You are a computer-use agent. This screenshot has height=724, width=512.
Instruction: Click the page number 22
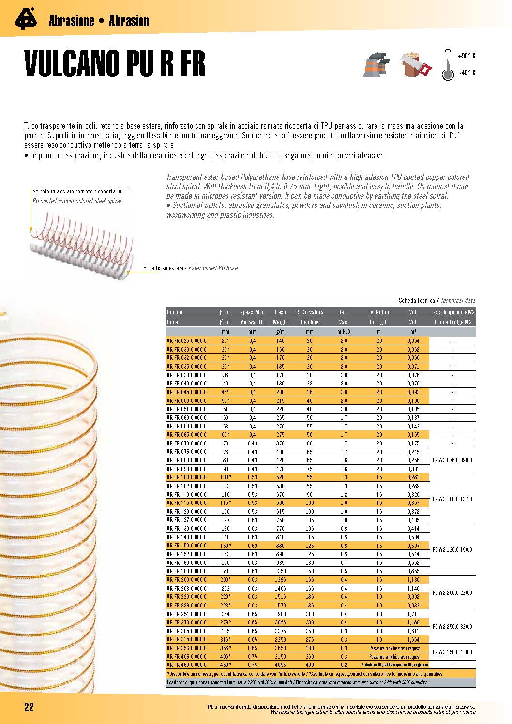tap(29, 707)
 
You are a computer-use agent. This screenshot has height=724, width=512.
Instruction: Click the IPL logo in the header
tap(26, 19)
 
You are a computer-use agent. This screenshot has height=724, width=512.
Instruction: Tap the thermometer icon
tap(448, 65)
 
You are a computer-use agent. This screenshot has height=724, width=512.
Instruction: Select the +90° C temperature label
tap(466, 56)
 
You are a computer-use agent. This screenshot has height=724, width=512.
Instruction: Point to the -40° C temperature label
tap(467, 73)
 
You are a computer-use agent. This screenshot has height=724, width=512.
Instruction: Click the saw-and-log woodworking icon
tap(416, 65)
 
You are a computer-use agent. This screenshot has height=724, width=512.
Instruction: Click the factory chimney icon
tap(376, 64)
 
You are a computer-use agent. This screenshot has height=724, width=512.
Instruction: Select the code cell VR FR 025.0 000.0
tap(187, 341)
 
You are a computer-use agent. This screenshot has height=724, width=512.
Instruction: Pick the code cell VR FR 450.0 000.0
tap(187, 665)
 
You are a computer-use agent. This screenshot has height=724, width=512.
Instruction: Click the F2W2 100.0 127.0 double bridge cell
tap(452, 499)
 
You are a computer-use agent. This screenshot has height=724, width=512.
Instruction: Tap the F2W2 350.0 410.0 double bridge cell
tap(452, 652)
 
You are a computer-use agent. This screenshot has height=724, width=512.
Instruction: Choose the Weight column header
tap(280, 322)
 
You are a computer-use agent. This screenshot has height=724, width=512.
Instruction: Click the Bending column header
tap(310, 322)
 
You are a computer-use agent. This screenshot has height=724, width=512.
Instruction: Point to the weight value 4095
tap(280, 665)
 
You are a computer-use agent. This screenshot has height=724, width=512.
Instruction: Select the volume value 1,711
tap(413, 614)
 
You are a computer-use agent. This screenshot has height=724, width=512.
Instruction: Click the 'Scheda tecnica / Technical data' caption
tap(437, 301)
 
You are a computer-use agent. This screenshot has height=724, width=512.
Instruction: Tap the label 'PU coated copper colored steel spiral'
tap(77, 201)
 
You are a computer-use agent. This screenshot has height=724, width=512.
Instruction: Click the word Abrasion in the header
tap(129, 21)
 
